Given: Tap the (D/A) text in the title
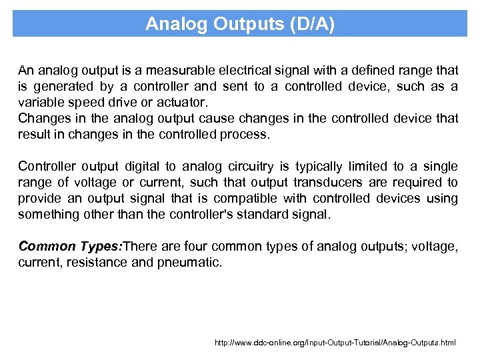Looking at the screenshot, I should tap(313, 25).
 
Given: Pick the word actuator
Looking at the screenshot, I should tap(181, 102).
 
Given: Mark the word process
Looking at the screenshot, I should tap(246, 134).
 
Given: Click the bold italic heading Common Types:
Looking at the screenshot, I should tap(70, 246).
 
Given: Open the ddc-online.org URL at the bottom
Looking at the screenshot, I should tap(335, 343).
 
